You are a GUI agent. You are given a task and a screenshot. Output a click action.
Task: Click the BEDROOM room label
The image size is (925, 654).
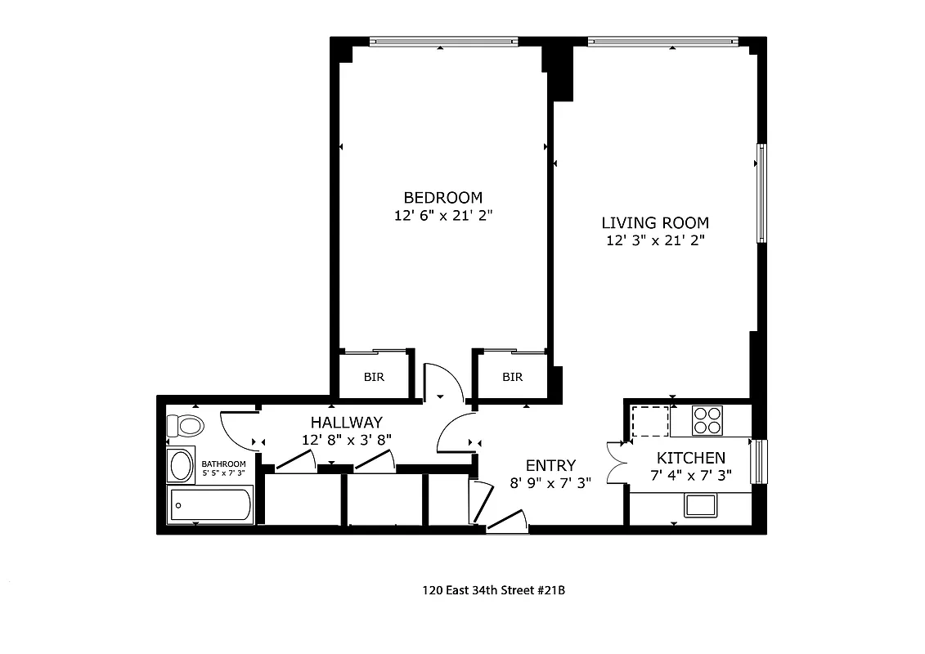pos(442,198)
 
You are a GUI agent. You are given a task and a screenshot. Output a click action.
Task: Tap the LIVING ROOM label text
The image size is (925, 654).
pos(655,222)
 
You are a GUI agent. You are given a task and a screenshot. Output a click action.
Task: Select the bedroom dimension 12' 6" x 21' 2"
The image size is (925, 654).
pos(442,217)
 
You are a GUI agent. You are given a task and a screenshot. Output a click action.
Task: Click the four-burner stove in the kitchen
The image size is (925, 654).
pos(708,420)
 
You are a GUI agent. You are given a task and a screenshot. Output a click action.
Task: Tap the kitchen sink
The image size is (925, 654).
pos(701,505)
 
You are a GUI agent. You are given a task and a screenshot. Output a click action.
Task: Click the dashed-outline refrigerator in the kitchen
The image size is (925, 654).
pos(650,420)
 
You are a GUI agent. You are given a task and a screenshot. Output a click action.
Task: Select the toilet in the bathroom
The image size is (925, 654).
pos(185,426)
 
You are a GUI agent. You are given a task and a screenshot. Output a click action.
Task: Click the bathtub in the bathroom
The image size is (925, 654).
pos(210,506)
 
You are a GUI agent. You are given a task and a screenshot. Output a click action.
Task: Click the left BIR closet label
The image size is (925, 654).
pos(374,378)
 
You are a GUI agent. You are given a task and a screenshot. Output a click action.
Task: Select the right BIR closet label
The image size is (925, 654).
pos(512,378)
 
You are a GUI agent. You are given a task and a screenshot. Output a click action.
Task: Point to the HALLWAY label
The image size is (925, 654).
pos(346,423)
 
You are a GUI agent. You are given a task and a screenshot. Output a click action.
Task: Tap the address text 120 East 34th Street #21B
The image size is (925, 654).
pos(493,589)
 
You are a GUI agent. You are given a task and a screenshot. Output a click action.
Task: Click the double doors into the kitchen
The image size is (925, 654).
pos(616,464)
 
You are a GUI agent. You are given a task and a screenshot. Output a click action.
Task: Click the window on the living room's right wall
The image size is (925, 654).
pos(761,193)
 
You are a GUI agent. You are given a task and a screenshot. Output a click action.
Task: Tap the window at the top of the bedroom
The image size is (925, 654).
pos(443,41)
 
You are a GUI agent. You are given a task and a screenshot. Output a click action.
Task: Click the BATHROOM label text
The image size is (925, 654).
pos(223,464)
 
